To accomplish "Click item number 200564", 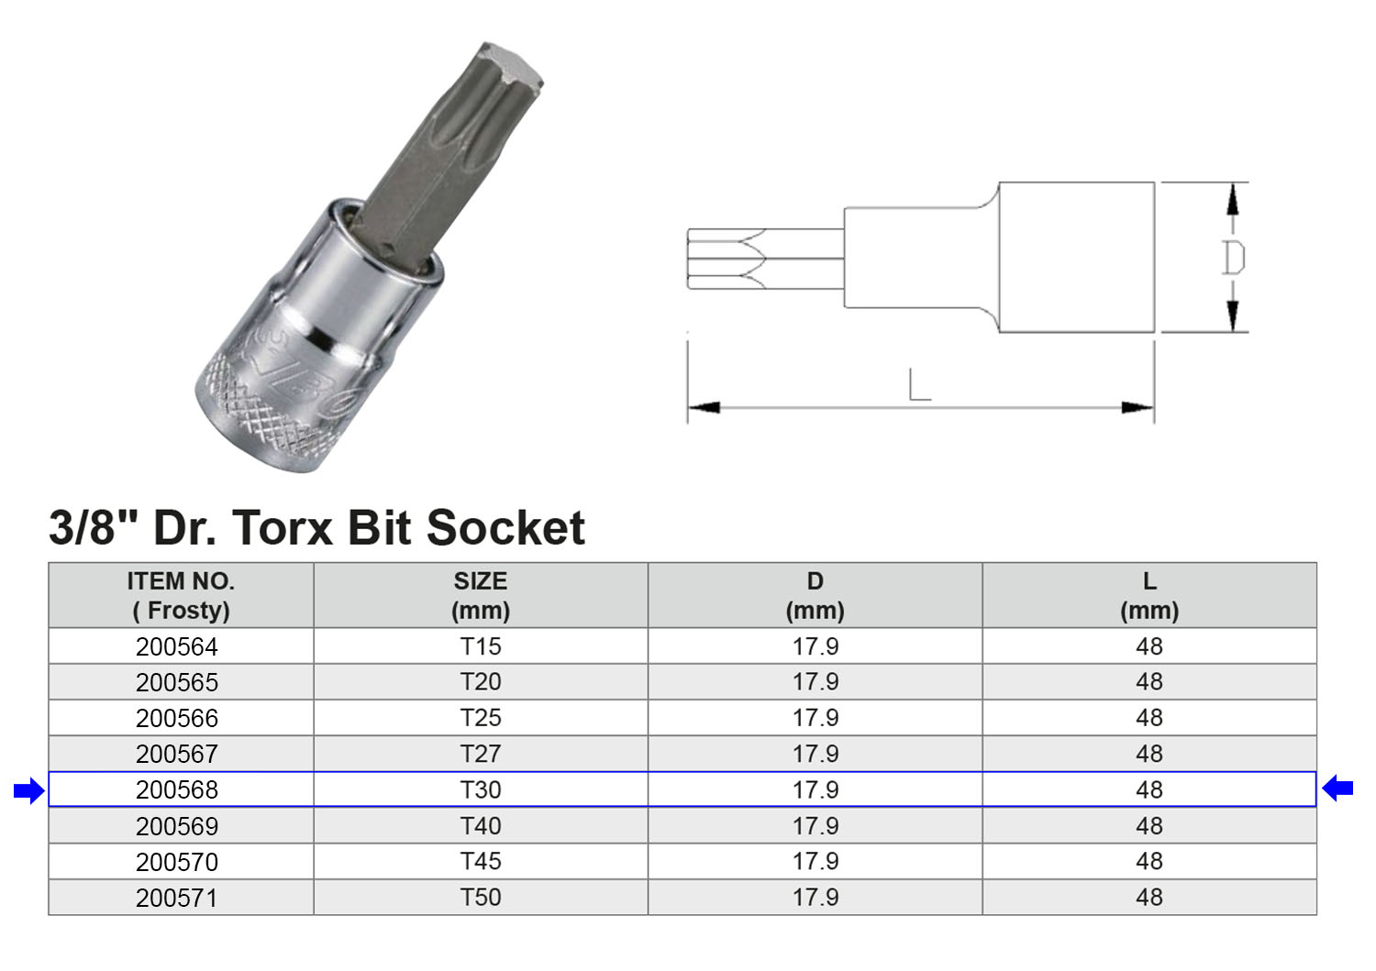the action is pos(177,646).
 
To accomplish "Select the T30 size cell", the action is pos(481,789).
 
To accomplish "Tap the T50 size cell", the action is pos(481,898).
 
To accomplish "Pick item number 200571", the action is pos(177,898).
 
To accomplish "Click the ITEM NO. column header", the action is pos(181,595).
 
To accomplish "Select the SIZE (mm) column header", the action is pos(481,595).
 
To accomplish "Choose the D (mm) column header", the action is pos(816,595).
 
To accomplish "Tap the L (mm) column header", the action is pos(1149,595).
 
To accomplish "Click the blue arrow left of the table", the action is pos(28,789).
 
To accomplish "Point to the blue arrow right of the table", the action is pos(1337,788).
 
